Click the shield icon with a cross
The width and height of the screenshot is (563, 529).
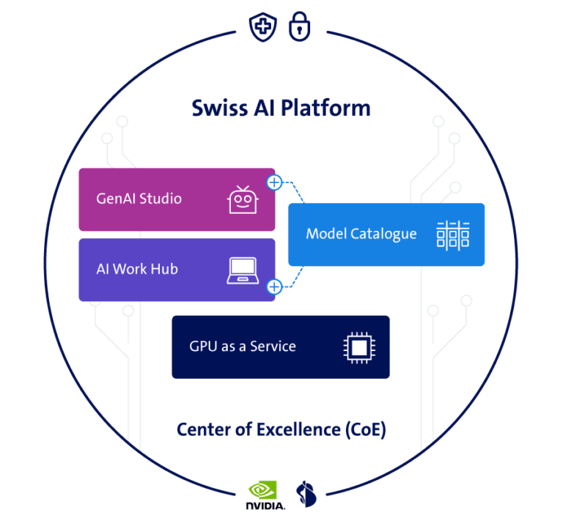tap(263, 27)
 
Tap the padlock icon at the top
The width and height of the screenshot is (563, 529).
tap(299, 26)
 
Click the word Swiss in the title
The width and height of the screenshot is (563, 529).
tap(220, 108)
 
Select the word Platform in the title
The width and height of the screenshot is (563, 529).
tap(325, 108)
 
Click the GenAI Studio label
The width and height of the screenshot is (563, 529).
tap(139, 199)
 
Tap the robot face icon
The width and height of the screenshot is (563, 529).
tap(243, 199)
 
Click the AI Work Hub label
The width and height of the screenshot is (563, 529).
tap(137, 269)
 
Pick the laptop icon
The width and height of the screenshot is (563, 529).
tap(243, 270)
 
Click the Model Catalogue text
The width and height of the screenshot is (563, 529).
tap(361, 234)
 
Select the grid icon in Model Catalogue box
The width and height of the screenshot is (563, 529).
tap(453, 235)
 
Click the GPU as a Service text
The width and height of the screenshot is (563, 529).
tap(243, 347)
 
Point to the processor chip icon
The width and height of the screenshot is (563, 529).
tap(359, 347)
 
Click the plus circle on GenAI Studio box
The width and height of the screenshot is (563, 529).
tap(275, 182)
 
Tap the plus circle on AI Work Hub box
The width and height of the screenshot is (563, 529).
tap(275, 286)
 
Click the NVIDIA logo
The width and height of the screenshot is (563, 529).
tap(265, 495)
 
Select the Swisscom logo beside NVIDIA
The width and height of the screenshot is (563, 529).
tap(306, 494)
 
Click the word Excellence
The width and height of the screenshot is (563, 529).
tap(299, 429)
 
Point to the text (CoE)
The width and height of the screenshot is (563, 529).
tap(366, 430)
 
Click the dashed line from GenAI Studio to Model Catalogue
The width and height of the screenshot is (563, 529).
tap(295, 188)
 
